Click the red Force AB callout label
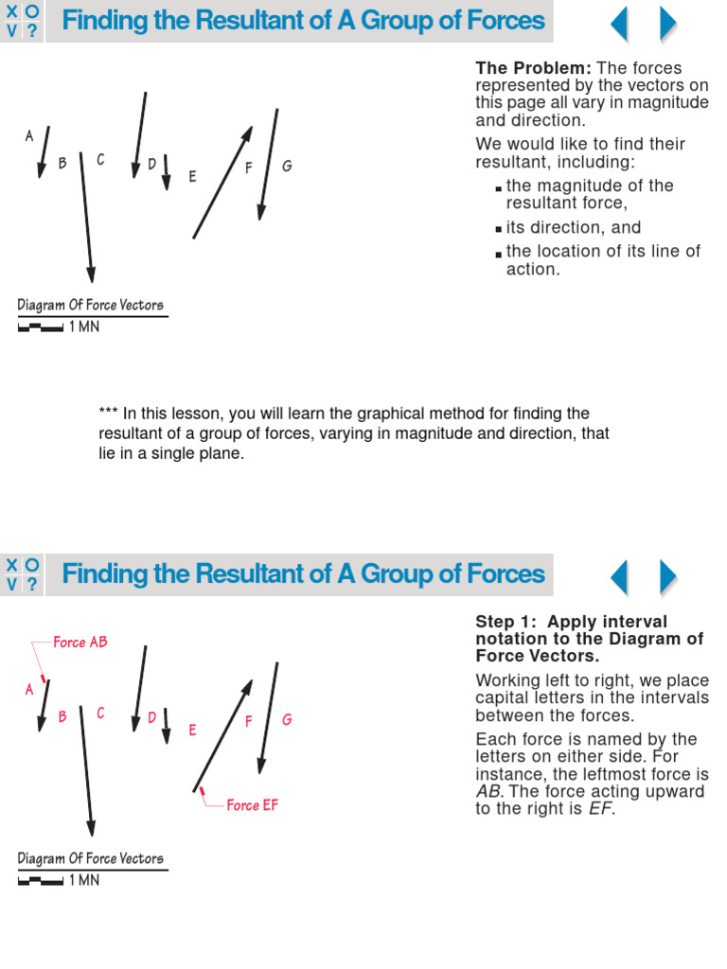(80, 643)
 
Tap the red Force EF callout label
(253, 805)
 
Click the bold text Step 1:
(508, 622)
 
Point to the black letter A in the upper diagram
(29, 136)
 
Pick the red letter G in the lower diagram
(287, 719)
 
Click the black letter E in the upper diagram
(192, 176)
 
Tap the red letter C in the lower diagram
(100, 713)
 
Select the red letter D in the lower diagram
(151, 717)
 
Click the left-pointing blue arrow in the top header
(619, 23)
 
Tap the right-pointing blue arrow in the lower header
(668, 576)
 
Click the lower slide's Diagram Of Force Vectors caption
(91, 858)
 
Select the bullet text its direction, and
(574, 227)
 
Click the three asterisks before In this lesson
(108, 414)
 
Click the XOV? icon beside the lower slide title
(23, 574)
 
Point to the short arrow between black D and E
(166, 172)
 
